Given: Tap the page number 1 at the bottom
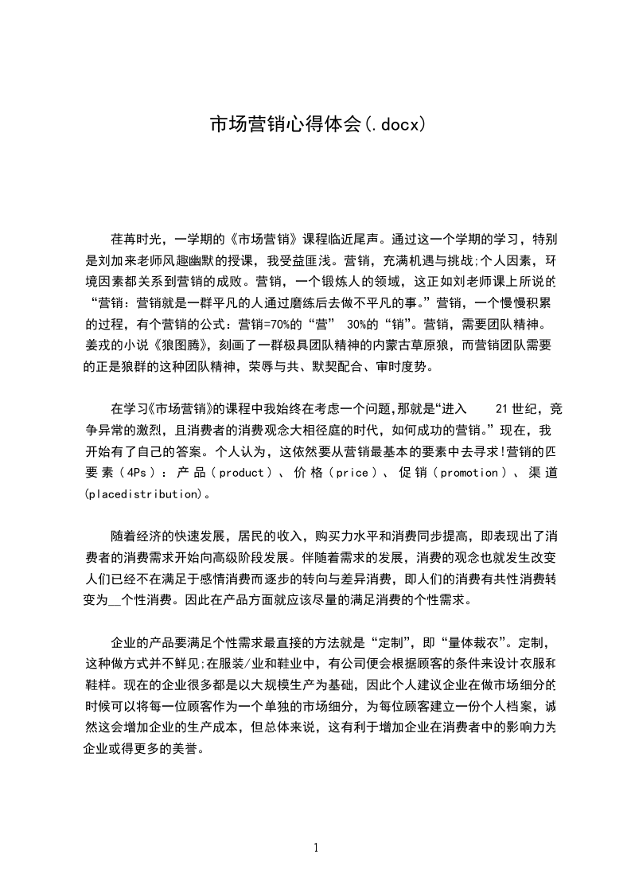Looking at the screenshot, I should tap(316, 848).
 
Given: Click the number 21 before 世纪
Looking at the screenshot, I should tap(501, 409).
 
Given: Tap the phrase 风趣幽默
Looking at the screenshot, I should tap(196, 259).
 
